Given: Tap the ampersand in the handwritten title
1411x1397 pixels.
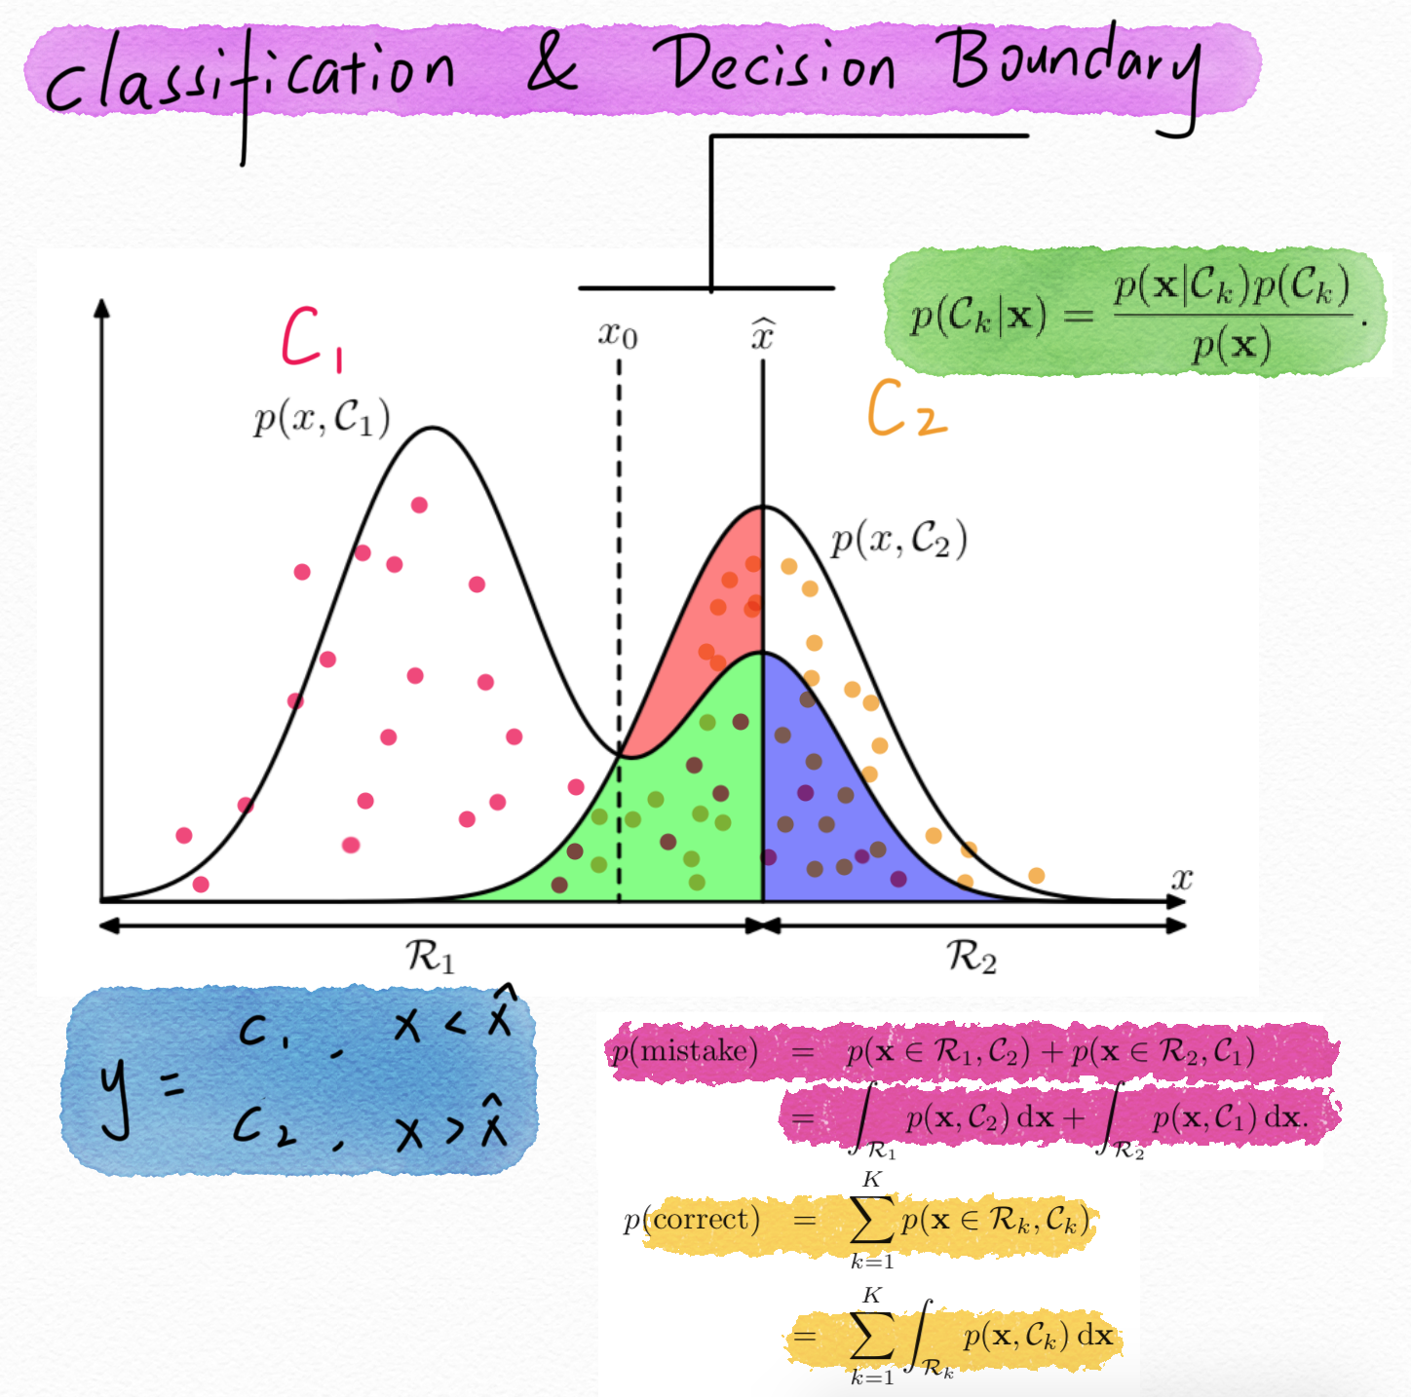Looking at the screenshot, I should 552,66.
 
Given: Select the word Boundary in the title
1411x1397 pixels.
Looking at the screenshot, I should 1072,68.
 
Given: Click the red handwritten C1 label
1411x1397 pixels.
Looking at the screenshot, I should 310,339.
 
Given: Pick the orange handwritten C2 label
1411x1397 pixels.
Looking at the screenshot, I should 905,409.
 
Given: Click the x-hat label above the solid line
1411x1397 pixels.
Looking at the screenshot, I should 762,334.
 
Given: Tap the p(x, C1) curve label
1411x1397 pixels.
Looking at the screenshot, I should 322,419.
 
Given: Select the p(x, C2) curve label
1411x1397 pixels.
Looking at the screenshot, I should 898,539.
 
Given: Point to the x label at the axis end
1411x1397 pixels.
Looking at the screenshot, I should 1181,879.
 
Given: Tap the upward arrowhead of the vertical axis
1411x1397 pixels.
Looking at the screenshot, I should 101,308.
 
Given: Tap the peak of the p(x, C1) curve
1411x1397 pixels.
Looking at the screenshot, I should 433,428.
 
